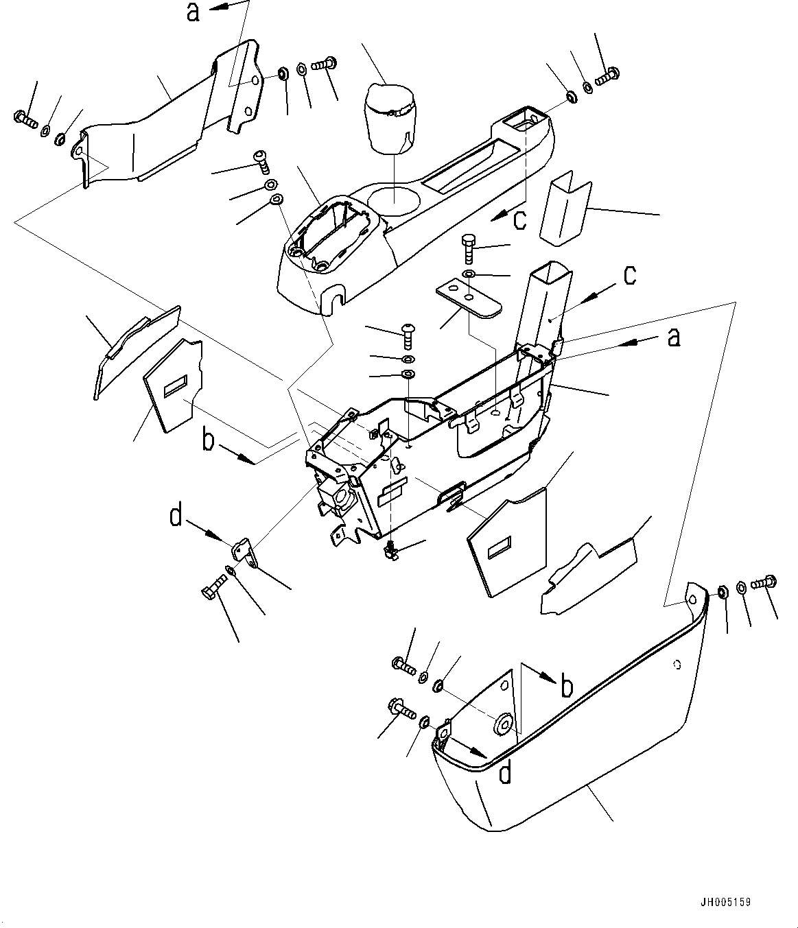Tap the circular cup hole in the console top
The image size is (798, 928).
tap(395, 195)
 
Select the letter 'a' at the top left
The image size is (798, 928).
tap(193, 12)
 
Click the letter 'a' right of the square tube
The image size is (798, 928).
tap(674, 337)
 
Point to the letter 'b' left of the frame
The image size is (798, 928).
tap(208, 440)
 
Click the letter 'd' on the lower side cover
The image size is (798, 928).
tap(505, 773)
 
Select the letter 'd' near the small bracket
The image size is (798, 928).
tap(176, 516)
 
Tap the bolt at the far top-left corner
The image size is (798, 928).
tap(23, 119)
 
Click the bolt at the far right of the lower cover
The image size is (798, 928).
tap(762, 582)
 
